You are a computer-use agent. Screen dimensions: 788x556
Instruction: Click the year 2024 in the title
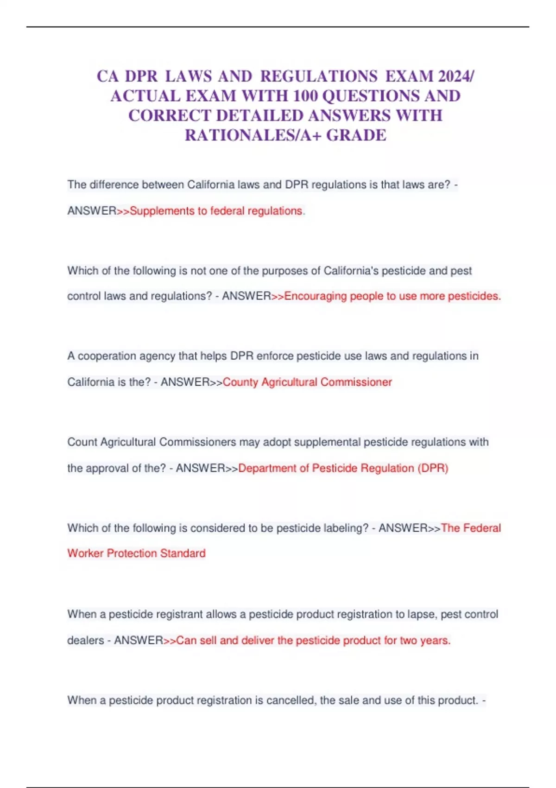click(455, 76)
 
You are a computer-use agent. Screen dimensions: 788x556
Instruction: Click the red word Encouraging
click(315, 296)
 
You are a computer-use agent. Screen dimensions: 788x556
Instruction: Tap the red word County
click(240, 382)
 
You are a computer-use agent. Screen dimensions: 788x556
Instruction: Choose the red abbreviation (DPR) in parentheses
click(433, 468)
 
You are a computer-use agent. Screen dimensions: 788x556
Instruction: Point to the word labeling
click(346, 528)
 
